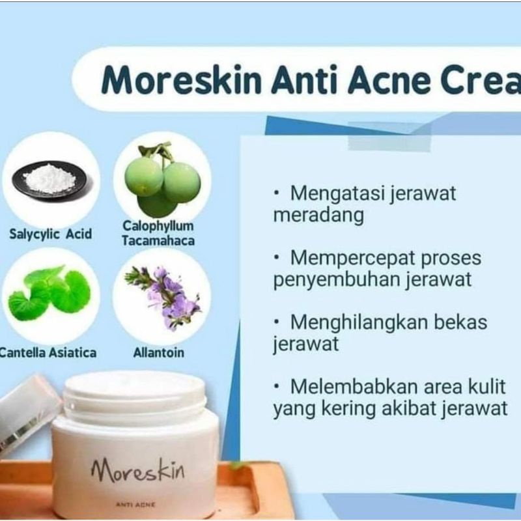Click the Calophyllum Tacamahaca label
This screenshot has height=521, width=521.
coord(158,233)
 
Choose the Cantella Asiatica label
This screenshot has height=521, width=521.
coord(48,352)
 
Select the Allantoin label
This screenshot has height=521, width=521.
coord(160,352)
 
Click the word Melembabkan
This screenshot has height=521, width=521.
coord(355,386)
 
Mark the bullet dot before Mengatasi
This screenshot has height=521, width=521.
coord(277,193)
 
